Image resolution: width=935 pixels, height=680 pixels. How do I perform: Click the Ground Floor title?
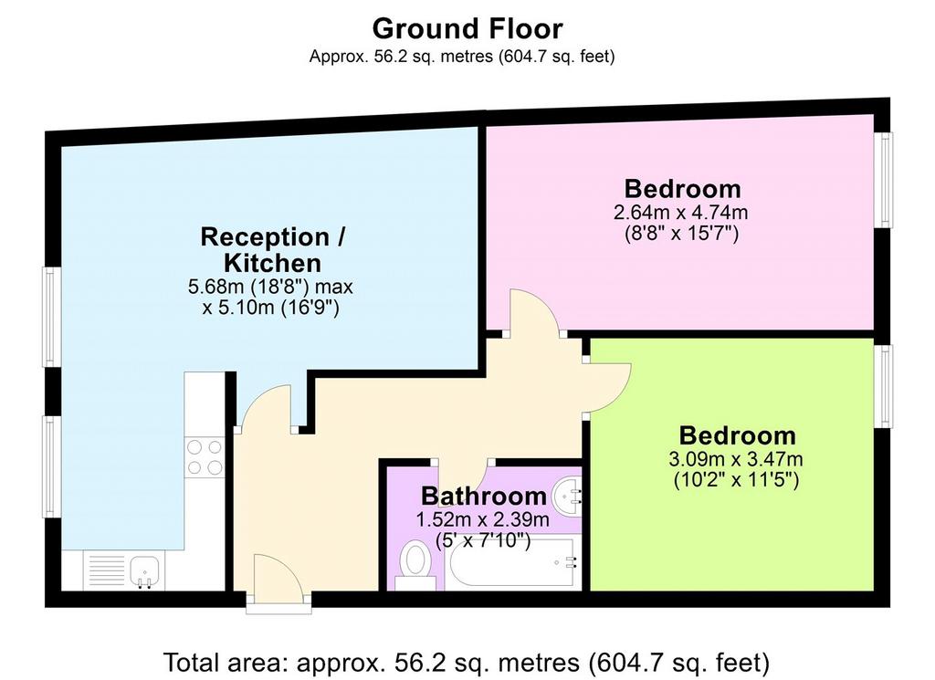click(x=467, y=28)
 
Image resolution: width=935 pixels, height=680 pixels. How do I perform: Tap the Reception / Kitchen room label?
click(x=272, y=250)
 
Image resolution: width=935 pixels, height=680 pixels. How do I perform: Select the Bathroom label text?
click(x=484, y=496)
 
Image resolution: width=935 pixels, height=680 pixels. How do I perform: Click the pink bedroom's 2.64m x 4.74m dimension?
click(x=680, y=212)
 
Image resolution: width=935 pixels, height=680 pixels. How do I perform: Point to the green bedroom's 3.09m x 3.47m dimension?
click(x=736, y=459)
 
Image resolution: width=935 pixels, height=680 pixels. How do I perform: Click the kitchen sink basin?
click(x=144, y=571)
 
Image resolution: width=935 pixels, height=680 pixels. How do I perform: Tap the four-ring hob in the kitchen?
click(x=204, y=457)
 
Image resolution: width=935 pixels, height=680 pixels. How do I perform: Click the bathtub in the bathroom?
click(x=512, y=562)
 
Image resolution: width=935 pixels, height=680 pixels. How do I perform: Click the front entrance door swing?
click(x=279, y=574)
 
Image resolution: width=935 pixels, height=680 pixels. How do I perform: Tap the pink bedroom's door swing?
click(x=532, y=312)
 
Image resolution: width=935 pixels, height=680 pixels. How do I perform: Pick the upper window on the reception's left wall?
click(x=51, y=317)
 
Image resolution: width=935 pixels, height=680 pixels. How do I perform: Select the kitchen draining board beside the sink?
click(x=107, y=571)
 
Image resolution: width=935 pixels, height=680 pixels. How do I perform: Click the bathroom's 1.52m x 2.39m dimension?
click(x=482, y=519)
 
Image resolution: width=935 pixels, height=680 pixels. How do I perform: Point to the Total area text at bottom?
click(x=467, y=662)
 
